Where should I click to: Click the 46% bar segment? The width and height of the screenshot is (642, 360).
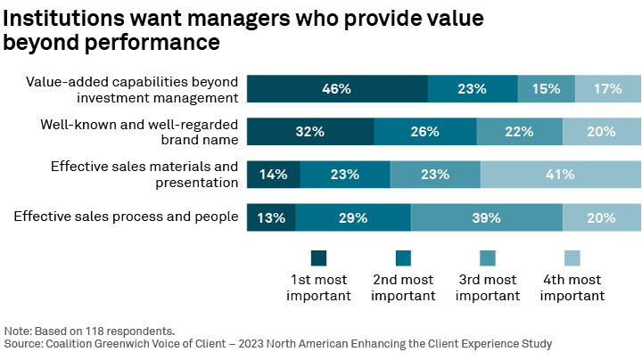337,89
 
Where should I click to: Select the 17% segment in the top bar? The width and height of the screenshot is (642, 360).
607,89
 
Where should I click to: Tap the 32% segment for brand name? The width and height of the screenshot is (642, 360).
310,132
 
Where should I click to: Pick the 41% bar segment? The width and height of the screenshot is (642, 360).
560,175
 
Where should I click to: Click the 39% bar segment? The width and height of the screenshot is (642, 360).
487,217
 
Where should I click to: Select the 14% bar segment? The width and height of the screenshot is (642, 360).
274,175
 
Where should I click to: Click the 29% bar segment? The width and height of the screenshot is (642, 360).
353,217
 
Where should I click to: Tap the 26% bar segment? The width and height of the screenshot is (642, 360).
425,132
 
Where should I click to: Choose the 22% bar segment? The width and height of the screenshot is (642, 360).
520,132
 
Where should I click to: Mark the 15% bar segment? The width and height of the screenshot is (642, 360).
547,89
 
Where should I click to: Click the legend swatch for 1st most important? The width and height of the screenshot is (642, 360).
319,258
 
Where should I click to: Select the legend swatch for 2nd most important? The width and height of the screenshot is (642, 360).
403,258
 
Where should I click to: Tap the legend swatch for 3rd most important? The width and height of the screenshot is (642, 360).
488,258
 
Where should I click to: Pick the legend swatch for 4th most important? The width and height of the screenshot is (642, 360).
572,258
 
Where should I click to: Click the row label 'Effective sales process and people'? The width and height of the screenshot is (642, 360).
126,216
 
